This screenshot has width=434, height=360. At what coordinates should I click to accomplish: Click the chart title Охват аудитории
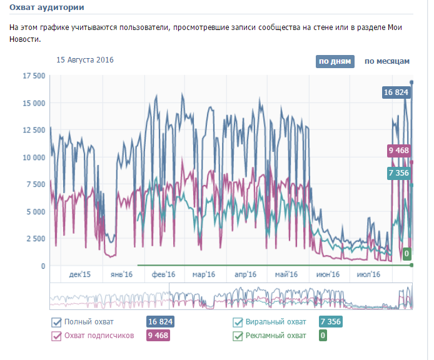(47, 7)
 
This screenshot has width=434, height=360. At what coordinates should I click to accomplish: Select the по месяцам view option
(386, 61)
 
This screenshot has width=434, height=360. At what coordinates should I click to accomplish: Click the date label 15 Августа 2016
(85, 60)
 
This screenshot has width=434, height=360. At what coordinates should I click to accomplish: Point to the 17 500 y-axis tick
(34, 76)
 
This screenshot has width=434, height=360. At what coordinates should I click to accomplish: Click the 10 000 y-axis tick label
(34, 157)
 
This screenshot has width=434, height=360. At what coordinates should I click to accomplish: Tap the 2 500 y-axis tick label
(36, 239)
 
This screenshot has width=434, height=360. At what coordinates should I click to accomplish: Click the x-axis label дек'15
(80, 274)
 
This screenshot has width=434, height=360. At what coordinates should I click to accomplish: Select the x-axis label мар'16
(204, 274)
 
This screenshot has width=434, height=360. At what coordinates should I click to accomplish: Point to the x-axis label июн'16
(328, 274)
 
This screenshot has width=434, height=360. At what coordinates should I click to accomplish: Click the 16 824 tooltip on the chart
(396, 92)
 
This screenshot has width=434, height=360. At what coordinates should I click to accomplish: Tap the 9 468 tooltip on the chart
(398, 150)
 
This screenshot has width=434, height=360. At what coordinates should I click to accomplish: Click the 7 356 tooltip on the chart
(398, 174)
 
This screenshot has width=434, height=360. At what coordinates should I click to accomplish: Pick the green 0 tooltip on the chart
(406, 254)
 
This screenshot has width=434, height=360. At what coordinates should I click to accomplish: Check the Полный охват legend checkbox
(56, 322)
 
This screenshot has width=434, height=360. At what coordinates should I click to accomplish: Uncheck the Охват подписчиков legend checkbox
(56, 336)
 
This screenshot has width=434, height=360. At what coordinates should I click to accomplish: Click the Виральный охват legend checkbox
(238, 322)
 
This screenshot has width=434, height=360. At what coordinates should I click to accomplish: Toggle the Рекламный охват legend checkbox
(238, 336)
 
